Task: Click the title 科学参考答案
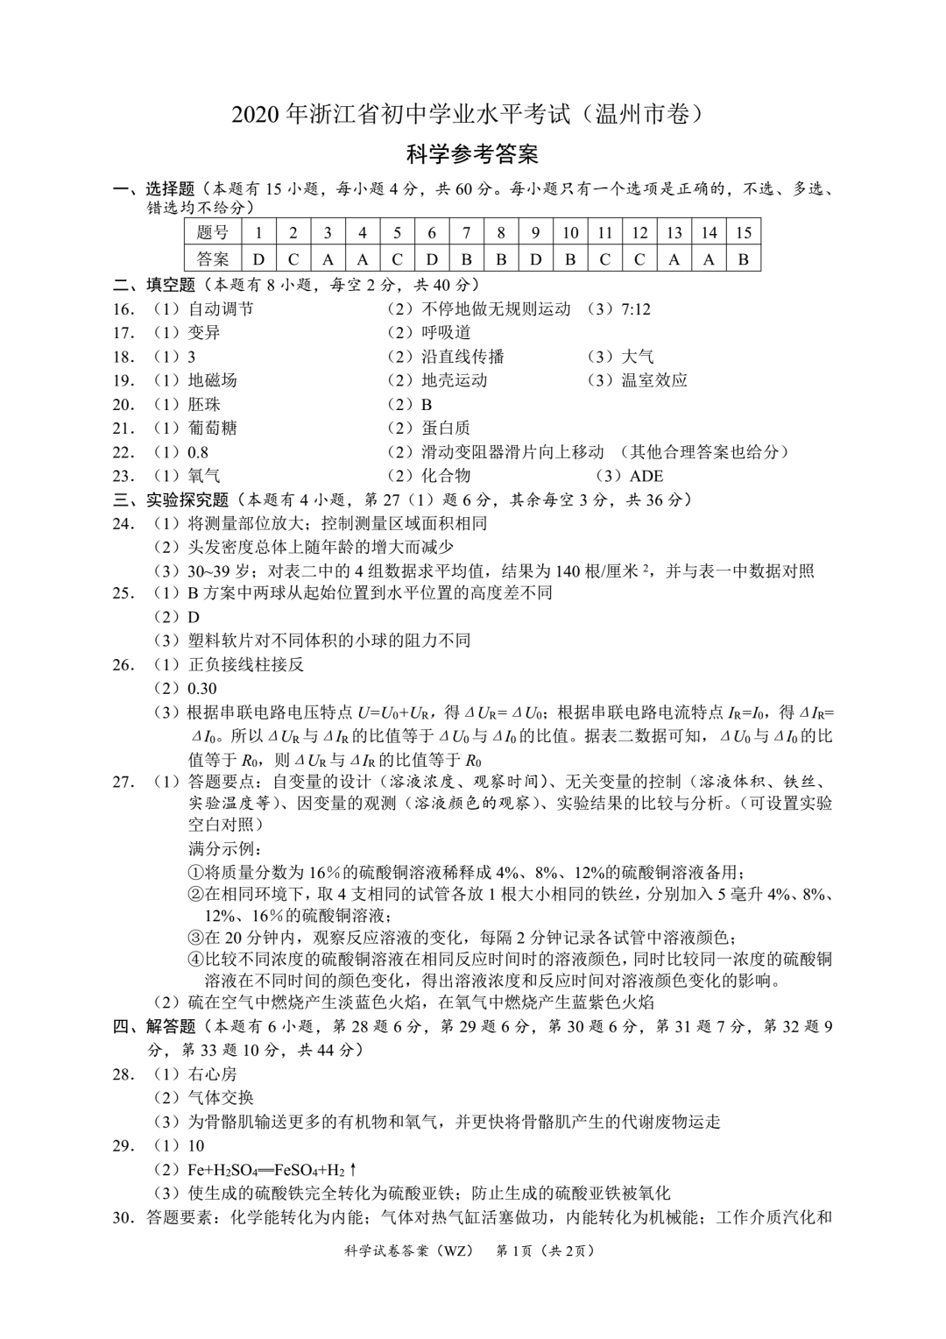[x=472, y=155]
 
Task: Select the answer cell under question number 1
[x=258, y=259]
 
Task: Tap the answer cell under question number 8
[x=501, y=259]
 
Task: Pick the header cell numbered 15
[x=744, y=232]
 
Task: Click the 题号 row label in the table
[x=213, y=232]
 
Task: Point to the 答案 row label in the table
[x=213, y=259]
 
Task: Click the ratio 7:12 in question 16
[x=635, y=308]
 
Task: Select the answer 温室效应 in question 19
[x=653, y=380]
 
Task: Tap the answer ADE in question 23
[x=646, y=476]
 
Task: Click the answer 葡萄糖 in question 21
[x=212, y=428]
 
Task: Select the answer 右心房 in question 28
[x=212, y=1073]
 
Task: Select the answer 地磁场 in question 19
[x=212, y=380]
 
